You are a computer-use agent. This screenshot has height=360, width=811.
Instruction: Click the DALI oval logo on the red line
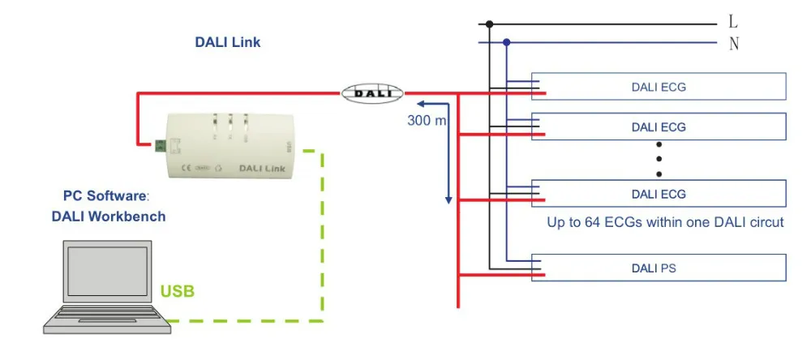pos(372,92)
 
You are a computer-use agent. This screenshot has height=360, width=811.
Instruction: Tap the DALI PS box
pos(659,268)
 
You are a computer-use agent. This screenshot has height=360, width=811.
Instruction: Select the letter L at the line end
pos(734,23)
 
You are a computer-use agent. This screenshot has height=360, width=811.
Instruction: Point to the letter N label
pos(734,44)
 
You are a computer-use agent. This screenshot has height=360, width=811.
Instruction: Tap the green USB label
pos(178,290)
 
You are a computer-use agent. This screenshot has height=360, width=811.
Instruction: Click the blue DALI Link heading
pos(228,42)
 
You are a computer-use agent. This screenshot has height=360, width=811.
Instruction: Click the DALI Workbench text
pos(109,216)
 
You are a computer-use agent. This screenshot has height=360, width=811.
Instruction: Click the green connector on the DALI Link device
pos(161,145)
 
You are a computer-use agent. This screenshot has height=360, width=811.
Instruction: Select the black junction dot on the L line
pos(489,24)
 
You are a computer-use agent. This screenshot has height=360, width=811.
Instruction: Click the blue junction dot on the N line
pos(507,42)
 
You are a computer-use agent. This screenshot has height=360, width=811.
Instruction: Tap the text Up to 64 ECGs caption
pos(665,221)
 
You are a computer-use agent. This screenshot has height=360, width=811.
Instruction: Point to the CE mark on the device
pos(184,169)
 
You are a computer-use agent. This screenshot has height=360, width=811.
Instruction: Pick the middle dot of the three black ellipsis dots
pos(659,157)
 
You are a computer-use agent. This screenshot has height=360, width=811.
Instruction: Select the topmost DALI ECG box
pos(659,87)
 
